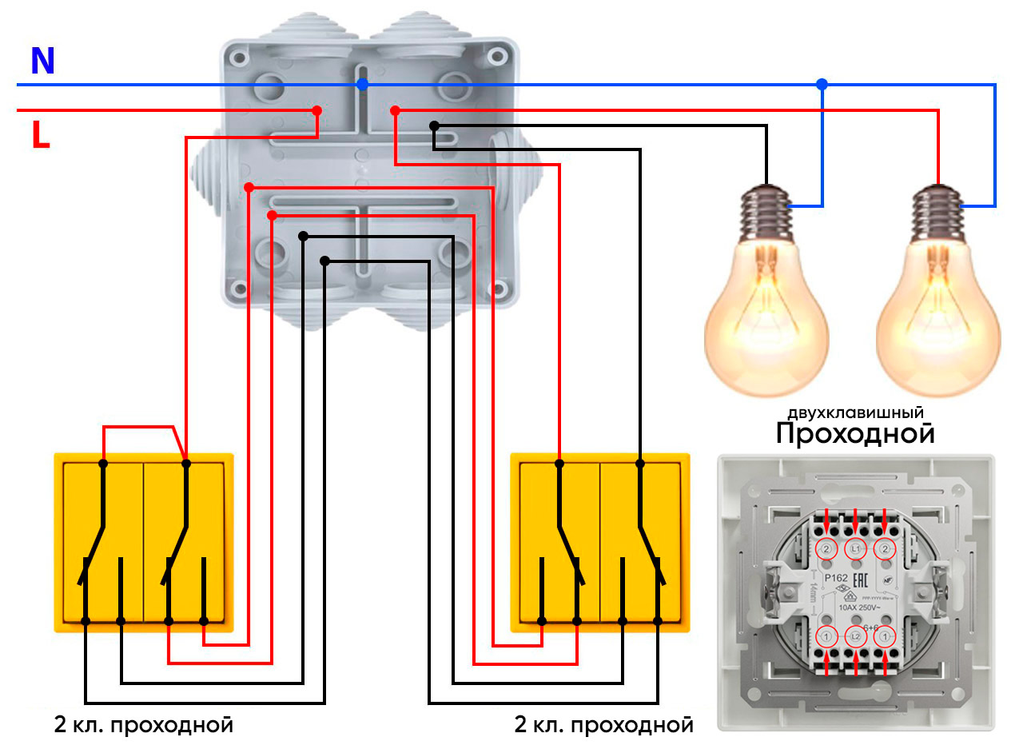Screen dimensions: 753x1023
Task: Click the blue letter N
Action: click(42, 61)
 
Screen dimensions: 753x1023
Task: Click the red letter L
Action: click(41, 135)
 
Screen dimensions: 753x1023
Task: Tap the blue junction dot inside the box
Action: click(362, 84)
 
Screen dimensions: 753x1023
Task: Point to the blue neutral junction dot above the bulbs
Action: click(822, 84)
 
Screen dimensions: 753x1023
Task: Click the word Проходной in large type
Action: click(855, 434)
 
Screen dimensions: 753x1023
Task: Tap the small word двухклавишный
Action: click(856, 413)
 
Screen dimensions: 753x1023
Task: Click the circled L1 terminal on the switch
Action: click(856, 549)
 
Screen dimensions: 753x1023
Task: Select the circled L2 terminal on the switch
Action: click(856, 637)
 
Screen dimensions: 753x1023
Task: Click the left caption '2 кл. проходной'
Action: click(144, 726)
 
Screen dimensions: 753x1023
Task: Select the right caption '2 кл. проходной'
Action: click(604, 726)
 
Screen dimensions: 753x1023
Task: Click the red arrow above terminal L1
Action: click(856, 521)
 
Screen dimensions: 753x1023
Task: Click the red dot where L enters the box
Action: click(316, 110)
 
